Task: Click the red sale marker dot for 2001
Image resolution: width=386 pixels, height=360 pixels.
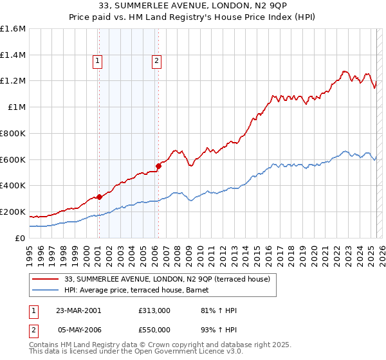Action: click(x=99, y=197)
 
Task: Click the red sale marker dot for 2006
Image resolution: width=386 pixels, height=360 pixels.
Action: click(x=158, y=166)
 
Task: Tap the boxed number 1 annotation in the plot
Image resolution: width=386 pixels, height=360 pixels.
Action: click(x=98, y=62)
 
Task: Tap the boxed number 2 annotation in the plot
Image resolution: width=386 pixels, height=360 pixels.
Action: click(x=156, y=62)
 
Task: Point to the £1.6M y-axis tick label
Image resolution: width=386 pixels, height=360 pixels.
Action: click(x=13, y=29)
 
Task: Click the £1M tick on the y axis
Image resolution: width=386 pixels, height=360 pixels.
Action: click(x=16, y=107)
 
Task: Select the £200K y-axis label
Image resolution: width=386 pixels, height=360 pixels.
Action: click(x=13, y=212)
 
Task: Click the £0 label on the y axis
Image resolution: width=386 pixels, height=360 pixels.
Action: click(x=21, y=238)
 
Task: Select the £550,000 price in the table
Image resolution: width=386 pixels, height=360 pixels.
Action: click(x=154, y=330)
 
